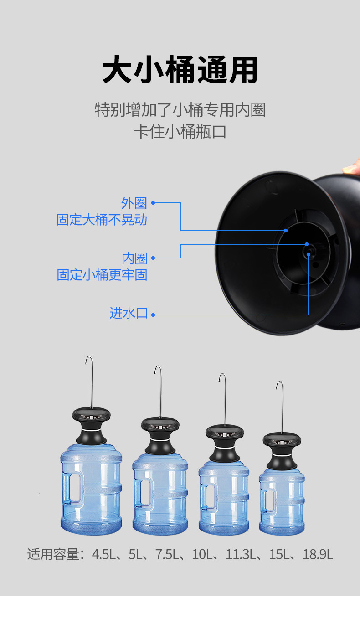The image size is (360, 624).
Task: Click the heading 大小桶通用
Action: pyautogui.click(x=180, y=70)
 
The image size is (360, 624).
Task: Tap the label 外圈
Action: pyautogui.click(x=134, y=203)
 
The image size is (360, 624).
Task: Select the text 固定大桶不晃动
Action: pyautogui.click(x=102, y=220)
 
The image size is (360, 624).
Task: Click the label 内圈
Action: pyautogui.click(x=134, y=258)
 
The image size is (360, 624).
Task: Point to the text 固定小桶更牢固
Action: pyautogui.click(x=102, y=275)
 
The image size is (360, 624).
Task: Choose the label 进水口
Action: pyautogui.click(x=129, y=314)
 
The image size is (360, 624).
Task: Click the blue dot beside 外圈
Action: pyautogui.click(x=153, y=203)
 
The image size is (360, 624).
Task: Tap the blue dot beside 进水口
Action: pyautogui.click(x=153, y=315)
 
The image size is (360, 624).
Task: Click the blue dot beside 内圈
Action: pyautogui.click(x=153, y=258)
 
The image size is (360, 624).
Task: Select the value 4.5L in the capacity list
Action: pyautogui.click(x=103, y=555)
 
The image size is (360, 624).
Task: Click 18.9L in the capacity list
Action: pyautogui.click(x=318, y=555)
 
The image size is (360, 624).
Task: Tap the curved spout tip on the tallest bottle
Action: pyautogui.click(x=87, y=360)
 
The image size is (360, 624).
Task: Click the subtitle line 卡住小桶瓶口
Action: pyautogui.click(x=180, y=132)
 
